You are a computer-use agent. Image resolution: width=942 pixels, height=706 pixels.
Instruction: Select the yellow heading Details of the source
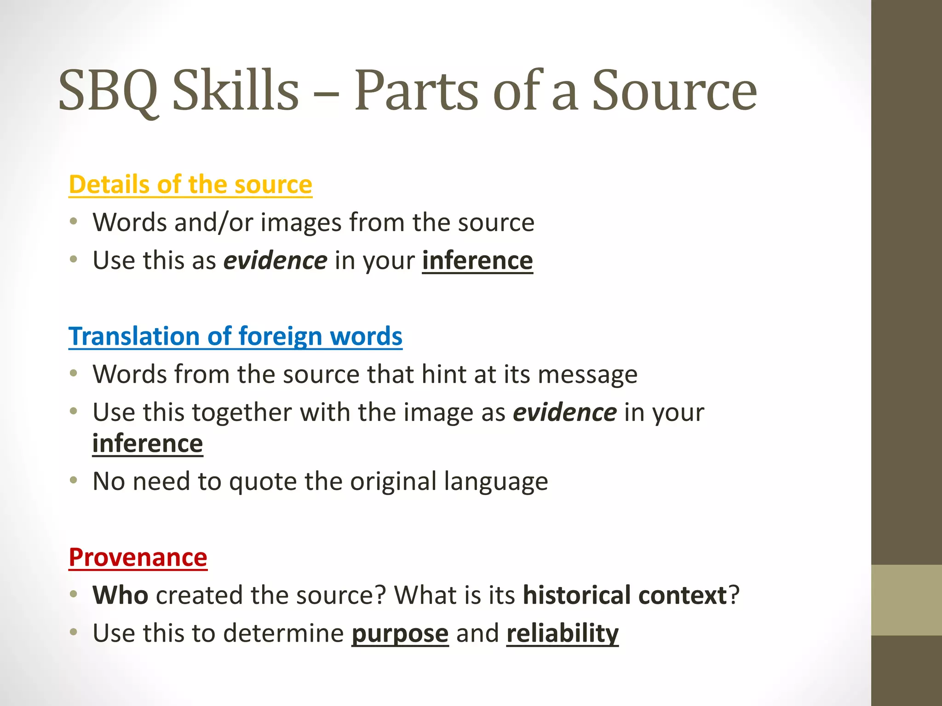coord(190,185)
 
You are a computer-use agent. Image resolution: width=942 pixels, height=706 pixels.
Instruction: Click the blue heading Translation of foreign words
coord(235,336)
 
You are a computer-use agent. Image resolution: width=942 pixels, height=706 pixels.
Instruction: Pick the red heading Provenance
coord(138,558)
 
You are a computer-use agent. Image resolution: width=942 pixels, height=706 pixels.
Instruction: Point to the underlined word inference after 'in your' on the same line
coord(477,261)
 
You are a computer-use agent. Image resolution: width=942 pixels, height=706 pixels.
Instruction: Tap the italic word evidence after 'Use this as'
coord(275,261)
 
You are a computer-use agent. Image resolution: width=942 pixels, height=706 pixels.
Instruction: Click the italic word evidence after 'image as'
coord(564,412)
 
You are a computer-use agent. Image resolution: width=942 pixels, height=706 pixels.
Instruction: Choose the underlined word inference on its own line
coord(148,444)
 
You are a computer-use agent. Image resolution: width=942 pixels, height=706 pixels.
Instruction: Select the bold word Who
coord(121,595)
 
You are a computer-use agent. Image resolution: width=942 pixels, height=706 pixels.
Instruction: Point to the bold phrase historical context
coord(625,595)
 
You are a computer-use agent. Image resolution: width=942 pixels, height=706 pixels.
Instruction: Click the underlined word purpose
coord(400,634)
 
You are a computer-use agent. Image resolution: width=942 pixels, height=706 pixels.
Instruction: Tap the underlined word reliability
coord(563,633)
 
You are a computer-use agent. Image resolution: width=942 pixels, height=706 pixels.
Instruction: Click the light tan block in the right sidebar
coord(907,600)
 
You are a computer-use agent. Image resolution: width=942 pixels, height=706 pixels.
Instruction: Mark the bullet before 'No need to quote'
coord(74,481)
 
